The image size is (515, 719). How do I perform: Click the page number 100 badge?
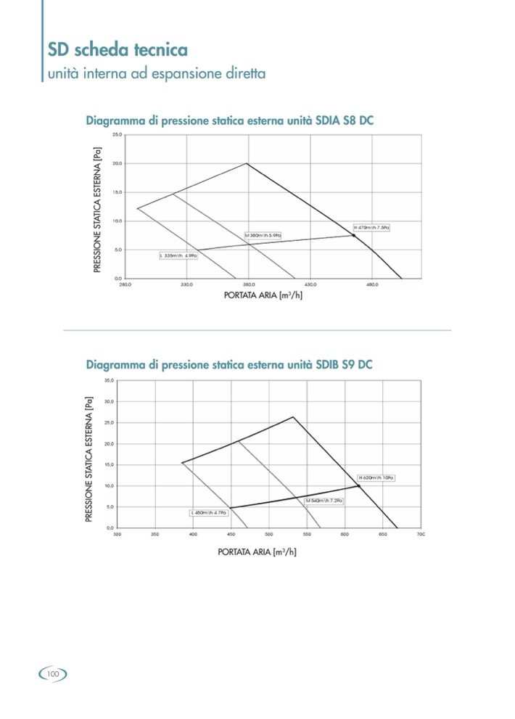52,673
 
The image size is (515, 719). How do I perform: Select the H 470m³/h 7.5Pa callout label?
372,228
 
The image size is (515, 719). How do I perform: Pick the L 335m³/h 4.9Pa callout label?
178,256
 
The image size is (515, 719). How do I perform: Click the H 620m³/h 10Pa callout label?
376,478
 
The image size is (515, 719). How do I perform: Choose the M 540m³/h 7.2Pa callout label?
324,501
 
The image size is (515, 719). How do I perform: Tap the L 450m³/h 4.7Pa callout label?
209,513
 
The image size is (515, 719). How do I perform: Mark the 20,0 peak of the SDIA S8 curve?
247,163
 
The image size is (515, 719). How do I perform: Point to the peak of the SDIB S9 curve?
293,416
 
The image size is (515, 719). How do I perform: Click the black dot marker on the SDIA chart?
354,236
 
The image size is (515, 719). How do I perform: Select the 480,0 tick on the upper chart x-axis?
373,284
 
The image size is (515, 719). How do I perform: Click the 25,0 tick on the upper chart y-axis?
117,135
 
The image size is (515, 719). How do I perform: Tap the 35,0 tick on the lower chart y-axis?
109,380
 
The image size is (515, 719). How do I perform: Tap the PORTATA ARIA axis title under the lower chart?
257,552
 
